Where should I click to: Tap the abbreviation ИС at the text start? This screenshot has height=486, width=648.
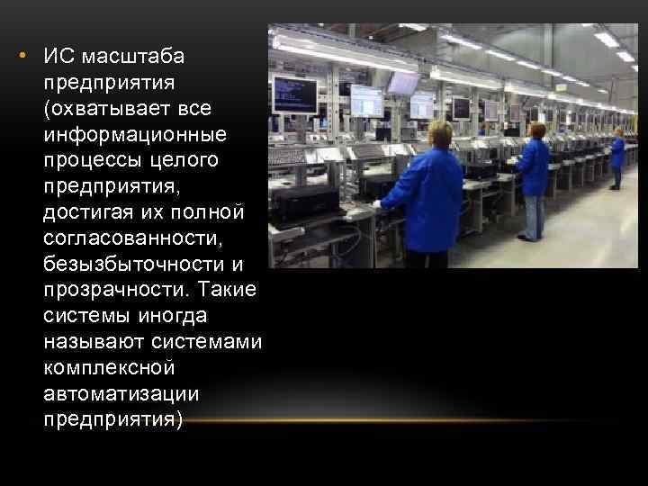click(x=58, y=58)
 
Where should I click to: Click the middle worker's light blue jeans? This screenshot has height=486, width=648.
click(x=534, y=216)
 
